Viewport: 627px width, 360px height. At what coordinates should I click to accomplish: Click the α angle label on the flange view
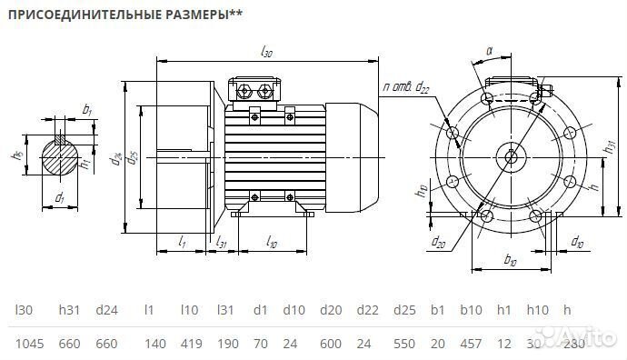point(490,52)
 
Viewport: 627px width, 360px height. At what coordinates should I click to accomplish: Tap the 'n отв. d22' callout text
point(406,87)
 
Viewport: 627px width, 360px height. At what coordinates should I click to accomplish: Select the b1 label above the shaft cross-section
point(87,110)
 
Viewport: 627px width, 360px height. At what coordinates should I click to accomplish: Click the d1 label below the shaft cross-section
point(60,197)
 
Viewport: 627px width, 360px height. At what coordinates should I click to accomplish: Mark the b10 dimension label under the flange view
point(510,262)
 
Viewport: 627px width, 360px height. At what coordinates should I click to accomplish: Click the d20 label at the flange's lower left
point(439,242)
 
